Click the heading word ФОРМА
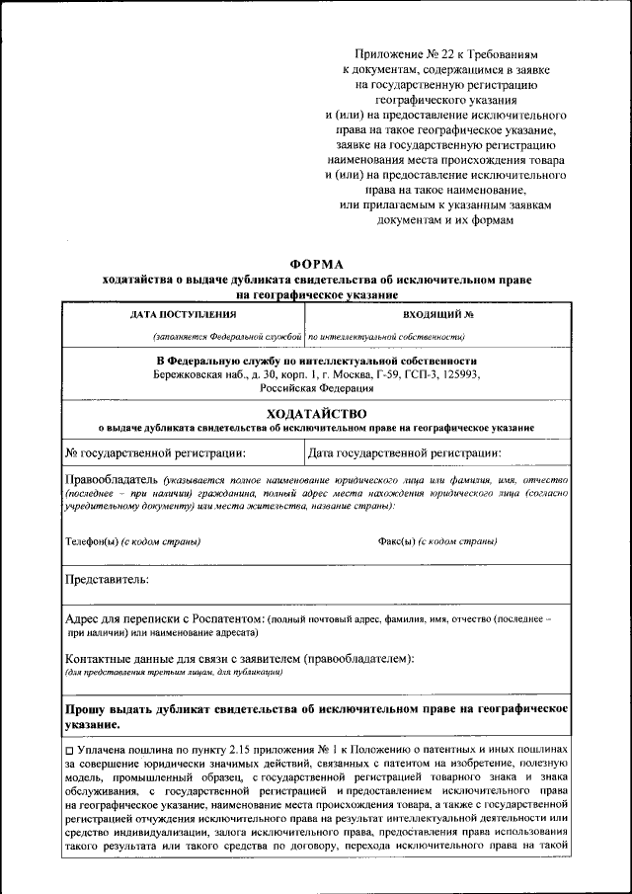[316, 264]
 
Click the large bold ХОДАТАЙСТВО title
[316, 413]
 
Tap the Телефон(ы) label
[92, 541]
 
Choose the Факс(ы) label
[397, 541]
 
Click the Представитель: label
[107, 578]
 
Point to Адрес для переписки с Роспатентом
[164, 617]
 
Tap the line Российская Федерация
[316, 389]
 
